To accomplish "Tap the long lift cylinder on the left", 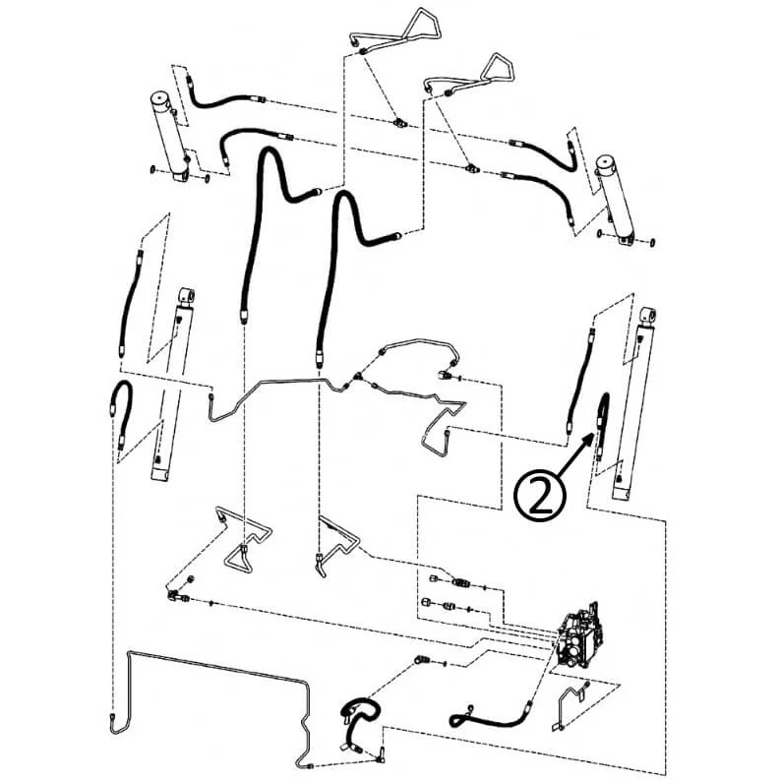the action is click(172, 384).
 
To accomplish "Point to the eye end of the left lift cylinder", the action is click(187, 296).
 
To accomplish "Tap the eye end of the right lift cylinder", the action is click(648, 315).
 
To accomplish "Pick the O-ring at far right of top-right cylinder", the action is click(652, 243).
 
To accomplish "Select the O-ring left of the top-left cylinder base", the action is click(152, 170).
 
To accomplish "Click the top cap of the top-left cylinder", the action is click(161, 98).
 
